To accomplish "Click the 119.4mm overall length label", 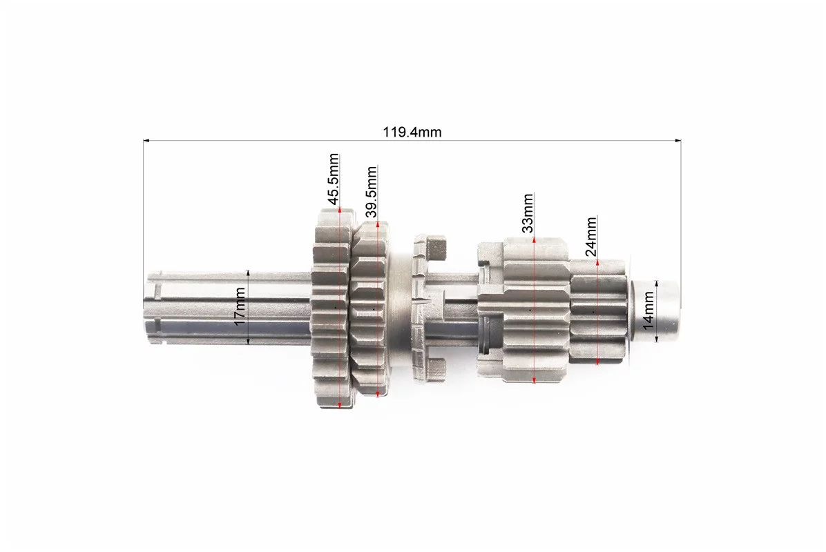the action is click(x=412, y=132).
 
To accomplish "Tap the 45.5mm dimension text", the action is click(x=333, y=179).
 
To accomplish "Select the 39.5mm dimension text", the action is click(x=372, y=192).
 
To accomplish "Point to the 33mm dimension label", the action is click(x=528, y=213).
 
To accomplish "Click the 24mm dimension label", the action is click(x=591, y=236).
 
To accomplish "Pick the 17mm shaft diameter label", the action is click(x=240, y=307).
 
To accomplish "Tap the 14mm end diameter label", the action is click(x=648, y=310).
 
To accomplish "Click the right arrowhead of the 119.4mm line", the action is click(x=678, y=141).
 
